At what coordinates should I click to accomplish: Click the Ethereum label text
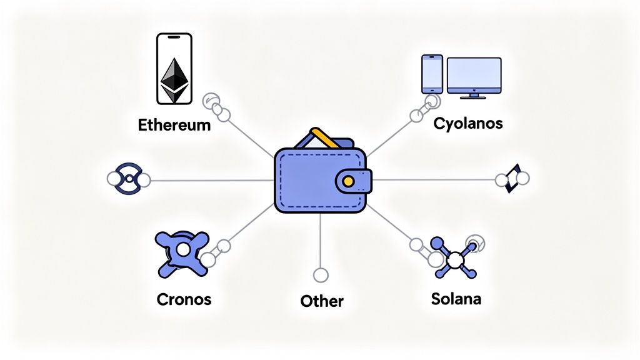pyautogui.click(x=174, y=124)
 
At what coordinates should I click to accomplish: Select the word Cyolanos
pyautogui.click(x=467, y=123)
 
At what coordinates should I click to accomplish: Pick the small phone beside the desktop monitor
pyautogui.click(x=432, y=74)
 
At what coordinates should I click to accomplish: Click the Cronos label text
pyautogui.click(x=184, y=299)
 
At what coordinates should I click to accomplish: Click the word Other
pyautogui.click(x=322, y=301)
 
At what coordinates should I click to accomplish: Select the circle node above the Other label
pyautogui.click(x=321, y=274)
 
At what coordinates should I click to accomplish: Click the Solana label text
pyautogui.click(x=456, y=298)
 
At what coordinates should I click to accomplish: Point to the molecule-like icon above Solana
pyautogui.click(x=455, y=256)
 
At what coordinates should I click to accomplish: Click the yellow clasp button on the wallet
pyautogui.click(x=347, y=181)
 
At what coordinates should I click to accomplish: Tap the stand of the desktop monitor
pyautogui.click(x=474, y=95)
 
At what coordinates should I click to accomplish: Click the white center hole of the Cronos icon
pyautogui.click(x=182, y=249)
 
